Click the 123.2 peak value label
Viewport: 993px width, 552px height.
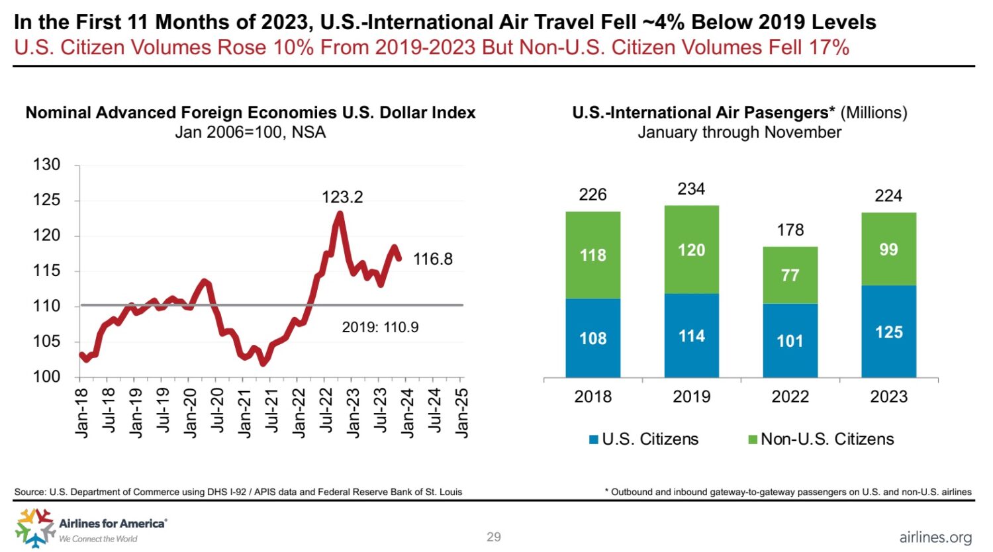point(342,197)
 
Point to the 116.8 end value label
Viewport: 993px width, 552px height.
point(433,259)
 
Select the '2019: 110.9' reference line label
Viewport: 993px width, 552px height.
point(380,327)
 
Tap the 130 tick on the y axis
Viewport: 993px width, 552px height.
point(46,164)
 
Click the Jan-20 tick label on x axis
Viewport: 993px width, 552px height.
point(190,413)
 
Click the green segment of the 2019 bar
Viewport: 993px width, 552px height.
point(691,250)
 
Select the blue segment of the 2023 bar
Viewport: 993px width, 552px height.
point(888,332)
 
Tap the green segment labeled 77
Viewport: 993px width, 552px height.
point(790,275)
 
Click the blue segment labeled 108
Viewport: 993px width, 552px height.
point(592,338)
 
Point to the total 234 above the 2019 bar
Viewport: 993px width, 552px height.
point(691,189)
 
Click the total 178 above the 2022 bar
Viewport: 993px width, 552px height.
point(790,230)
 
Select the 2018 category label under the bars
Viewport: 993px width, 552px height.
point(592,396)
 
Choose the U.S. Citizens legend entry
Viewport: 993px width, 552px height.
point(643,439)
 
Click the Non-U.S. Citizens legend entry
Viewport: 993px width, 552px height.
point(820,439)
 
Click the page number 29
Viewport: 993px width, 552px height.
point(494,537)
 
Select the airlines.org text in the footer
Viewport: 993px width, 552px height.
point(935,537)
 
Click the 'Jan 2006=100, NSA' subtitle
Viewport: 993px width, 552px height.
point(250,132)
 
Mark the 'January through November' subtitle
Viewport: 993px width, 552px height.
point(739,132)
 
